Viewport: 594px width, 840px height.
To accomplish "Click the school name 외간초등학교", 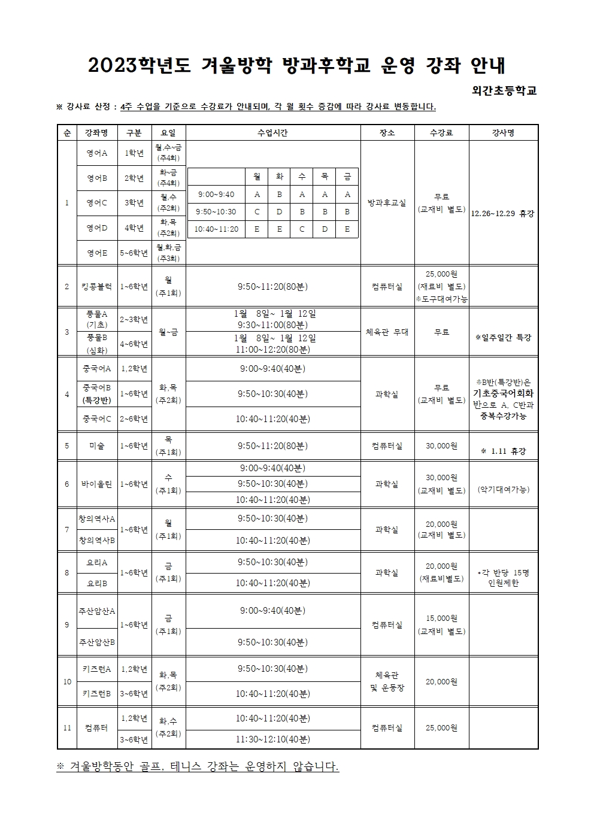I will click(504, 90).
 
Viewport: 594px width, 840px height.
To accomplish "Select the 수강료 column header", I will click(441, 133).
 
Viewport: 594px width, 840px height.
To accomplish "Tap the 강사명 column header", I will click(503, 133).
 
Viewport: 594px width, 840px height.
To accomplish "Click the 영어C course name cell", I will click(97, 202).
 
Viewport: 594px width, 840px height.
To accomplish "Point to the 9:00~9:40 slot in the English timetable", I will click(216, 194).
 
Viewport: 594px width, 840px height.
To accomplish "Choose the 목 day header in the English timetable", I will click(324, 177).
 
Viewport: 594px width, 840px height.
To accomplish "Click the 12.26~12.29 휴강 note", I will click(503, 213).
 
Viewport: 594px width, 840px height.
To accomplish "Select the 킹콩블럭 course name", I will click(97, 286).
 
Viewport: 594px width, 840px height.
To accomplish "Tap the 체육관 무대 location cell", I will click(387, 332).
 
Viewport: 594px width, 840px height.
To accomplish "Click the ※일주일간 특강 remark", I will click(503, 337).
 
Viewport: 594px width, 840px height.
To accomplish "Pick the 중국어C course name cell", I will click(97, 419).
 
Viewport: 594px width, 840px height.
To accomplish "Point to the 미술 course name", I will click(97, 445).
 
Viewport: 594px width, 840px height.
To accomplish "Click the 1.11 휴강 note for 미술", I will click(503, 451).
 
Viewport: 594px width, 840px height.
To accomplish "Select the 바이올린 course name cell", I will click(97, 484).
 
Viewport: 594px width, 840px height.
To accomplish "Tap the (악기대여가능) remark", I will click(503, 489).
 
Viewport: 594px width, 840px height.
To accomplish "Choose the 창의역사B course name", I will click(97, 540).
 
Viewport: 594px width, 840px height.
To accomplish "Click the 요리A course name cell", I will click(97, 562).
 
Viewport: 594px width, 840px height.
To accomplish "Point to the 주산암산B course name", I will click(97, 642).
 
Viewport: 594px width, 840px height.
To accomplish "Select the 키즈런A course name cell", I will click(97, 669).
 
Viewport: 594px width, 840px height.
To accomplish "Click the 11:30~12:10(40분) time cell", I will click(272, 739).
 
